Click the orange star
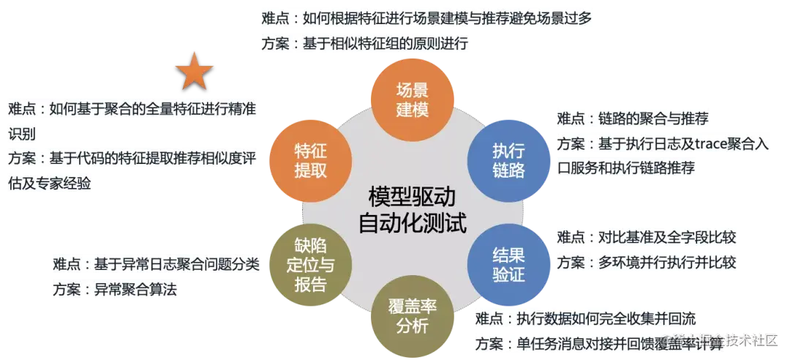click(194, 72)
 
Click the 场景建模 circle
click(412, 100)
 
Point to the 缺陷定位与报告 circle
click(310, 264)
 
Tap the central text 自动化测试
click(412, 222)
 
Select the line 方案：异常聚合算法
click(116, 289)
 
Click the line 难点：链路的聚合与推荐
click(632, 119)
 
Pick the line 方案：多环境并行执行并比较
click(646, 262)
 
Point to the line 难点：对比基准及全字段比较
click(646, 237)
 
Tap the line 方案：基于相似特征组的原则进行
click(364, 42)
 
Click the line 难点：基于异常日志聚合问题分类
click(157, 264)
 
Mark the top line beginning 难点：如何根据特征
click(427, 18)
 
